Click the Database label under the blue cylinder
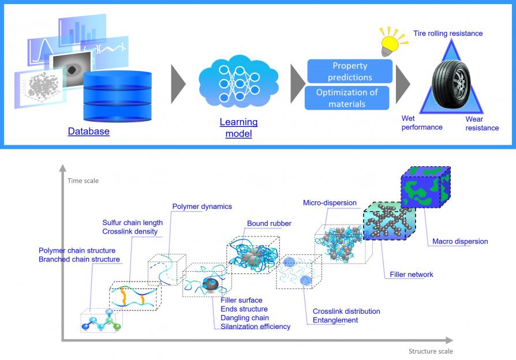pos(88,132)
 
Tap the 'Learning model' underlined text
pos(238,127)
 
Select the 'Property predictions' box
pos(350,72)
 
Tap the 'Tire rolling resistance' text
pos(448,33)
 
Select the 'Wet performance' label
pos(422,122)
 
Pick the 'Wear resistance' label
pos(482,123)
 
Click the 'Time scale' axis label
pos(84,181)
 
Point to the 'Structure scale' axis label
pos(431,351)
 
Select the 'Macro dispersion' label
pos(460,241)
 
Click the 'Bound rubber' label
pos(269,223)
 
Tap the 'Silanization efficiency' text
pos(255,327)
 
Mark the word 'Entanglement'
pos(335,320)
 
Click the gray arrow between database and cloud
pos(178,84)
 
